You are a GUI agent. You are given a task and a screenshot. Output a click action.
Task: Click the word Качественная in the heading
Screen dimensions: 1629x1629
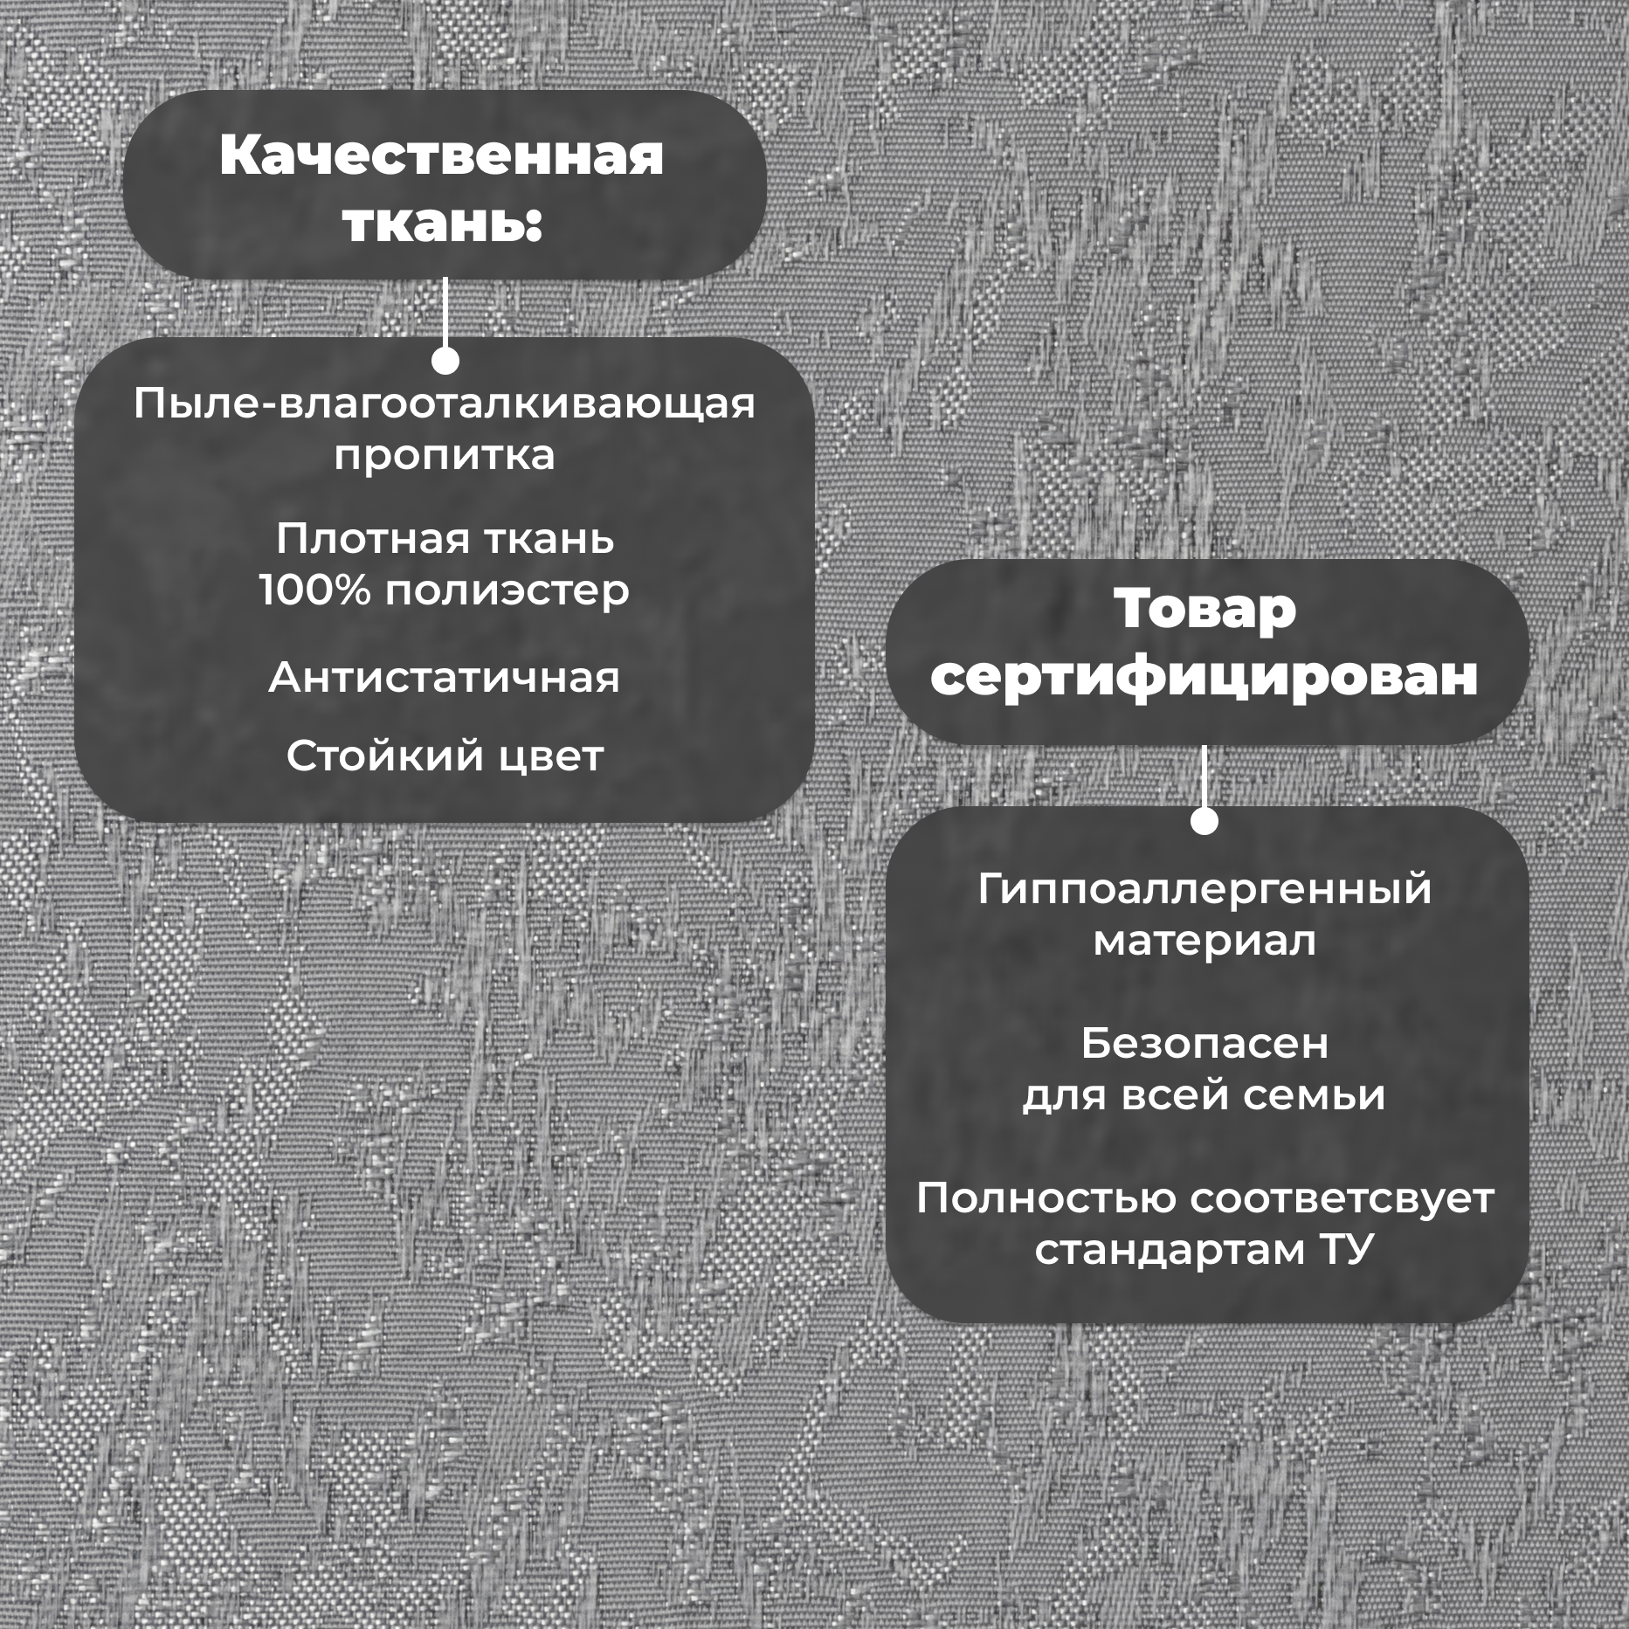(442, 155)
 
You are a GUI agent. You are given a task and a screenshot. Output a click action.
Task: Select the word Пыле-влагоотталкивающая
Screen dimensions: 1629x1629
(445, 404)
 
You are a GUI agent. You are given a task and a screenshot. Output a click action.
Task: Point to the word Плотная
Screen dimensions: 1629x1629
(373, 539)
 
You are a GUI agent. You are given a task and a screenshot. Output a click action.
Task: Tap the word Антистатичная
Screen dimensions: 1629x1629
(444, 678)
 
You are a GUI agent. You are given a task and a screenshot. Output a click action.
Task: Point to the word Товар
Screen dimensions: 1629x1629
(1204, 609)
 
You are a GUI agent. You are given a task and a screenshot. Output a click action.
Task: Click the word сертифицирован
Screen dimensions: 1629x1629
(1204, 675)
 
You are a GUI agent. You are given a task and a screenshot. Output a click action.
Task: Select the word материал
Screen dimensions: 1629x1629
(1204, 942)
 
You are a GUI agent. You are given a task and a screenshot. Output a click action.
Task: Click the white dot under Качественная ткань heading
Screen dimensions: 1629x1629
(445, 361)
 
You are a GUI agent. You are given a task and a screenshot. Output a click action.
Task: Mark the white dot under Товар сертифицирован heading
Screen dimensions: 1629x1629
(1204, 821)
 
